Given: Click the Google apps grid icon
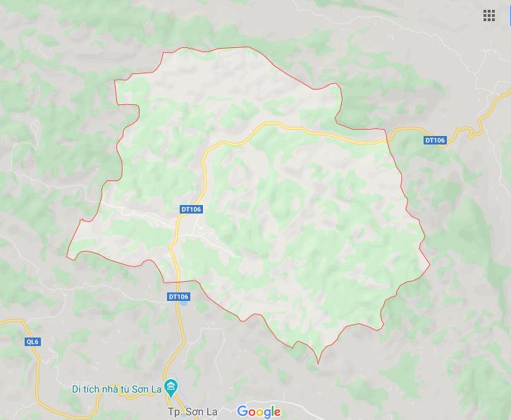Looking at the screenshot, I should (489, 16).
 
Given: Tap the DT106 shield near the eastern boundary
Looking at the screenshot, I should (435, 140).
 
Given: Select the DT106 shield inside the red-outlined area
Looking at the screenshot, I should (191, 209).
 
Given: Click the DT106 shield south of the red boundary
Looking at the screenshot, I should (178, 297).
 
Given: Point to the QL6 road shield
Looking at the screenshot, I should (33, 342).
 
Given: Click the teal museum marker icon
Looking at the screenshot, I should (172, 388).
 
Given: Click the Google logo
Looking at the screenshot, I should (259, 412).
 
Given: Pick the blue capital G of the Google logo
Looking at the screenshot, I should (242, 412).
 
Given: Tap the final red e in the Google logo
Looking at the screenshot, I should (276, 413).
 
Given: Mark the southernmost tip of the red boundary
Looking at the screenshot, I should (318, 364).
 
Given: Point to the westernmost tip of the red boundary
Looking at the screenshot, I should (67, 257).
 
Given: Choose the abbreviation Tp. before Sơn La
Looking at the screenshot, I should (175, 412).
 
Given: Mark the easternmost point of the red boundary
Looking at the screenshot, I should (429, 266).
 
